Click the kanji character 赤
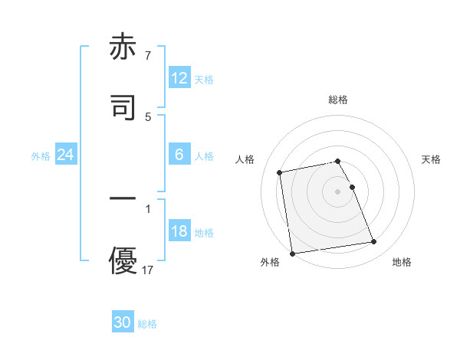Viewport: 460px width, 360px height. [x=123, y=47]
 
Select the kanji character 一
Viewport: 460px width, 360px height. [x=123, y=198]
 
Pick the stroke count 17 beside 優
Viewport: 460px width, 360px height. [x=149, y=270]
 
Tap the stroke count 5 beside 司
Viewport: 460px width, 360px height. [x=147, y=116]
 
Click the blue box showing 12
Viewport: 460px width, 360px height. [x=179, y=78]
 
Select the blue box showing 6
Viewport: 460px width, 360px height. [x=179, y=155]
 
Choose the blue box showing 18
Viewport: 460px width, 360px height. [x=179, y=232]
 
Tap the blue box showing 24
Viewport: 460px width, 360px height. [x=66, y=155]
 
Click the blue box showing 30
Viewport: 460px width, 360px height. [x=123, y=323]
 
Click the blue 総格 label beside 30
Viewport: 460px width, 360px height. [x=147, y=324]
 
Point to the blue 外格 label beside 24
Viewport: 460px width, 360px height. [x=41, y=156]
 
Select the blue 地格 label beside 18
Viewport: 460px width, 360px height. [x=204, y=233]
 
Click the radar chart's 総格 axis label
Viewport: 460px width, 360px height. [x=338, y=100]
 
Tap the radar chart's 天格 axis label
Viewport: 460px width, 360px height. [x=432, y=159]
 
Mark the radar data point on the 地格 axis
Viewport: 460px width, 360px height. [x=374, y=242]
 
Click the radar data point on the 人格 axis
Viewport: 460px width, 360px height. [x=280, y=172]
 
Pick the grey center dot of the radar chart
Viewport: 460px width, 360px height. [x=338, y=191]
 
